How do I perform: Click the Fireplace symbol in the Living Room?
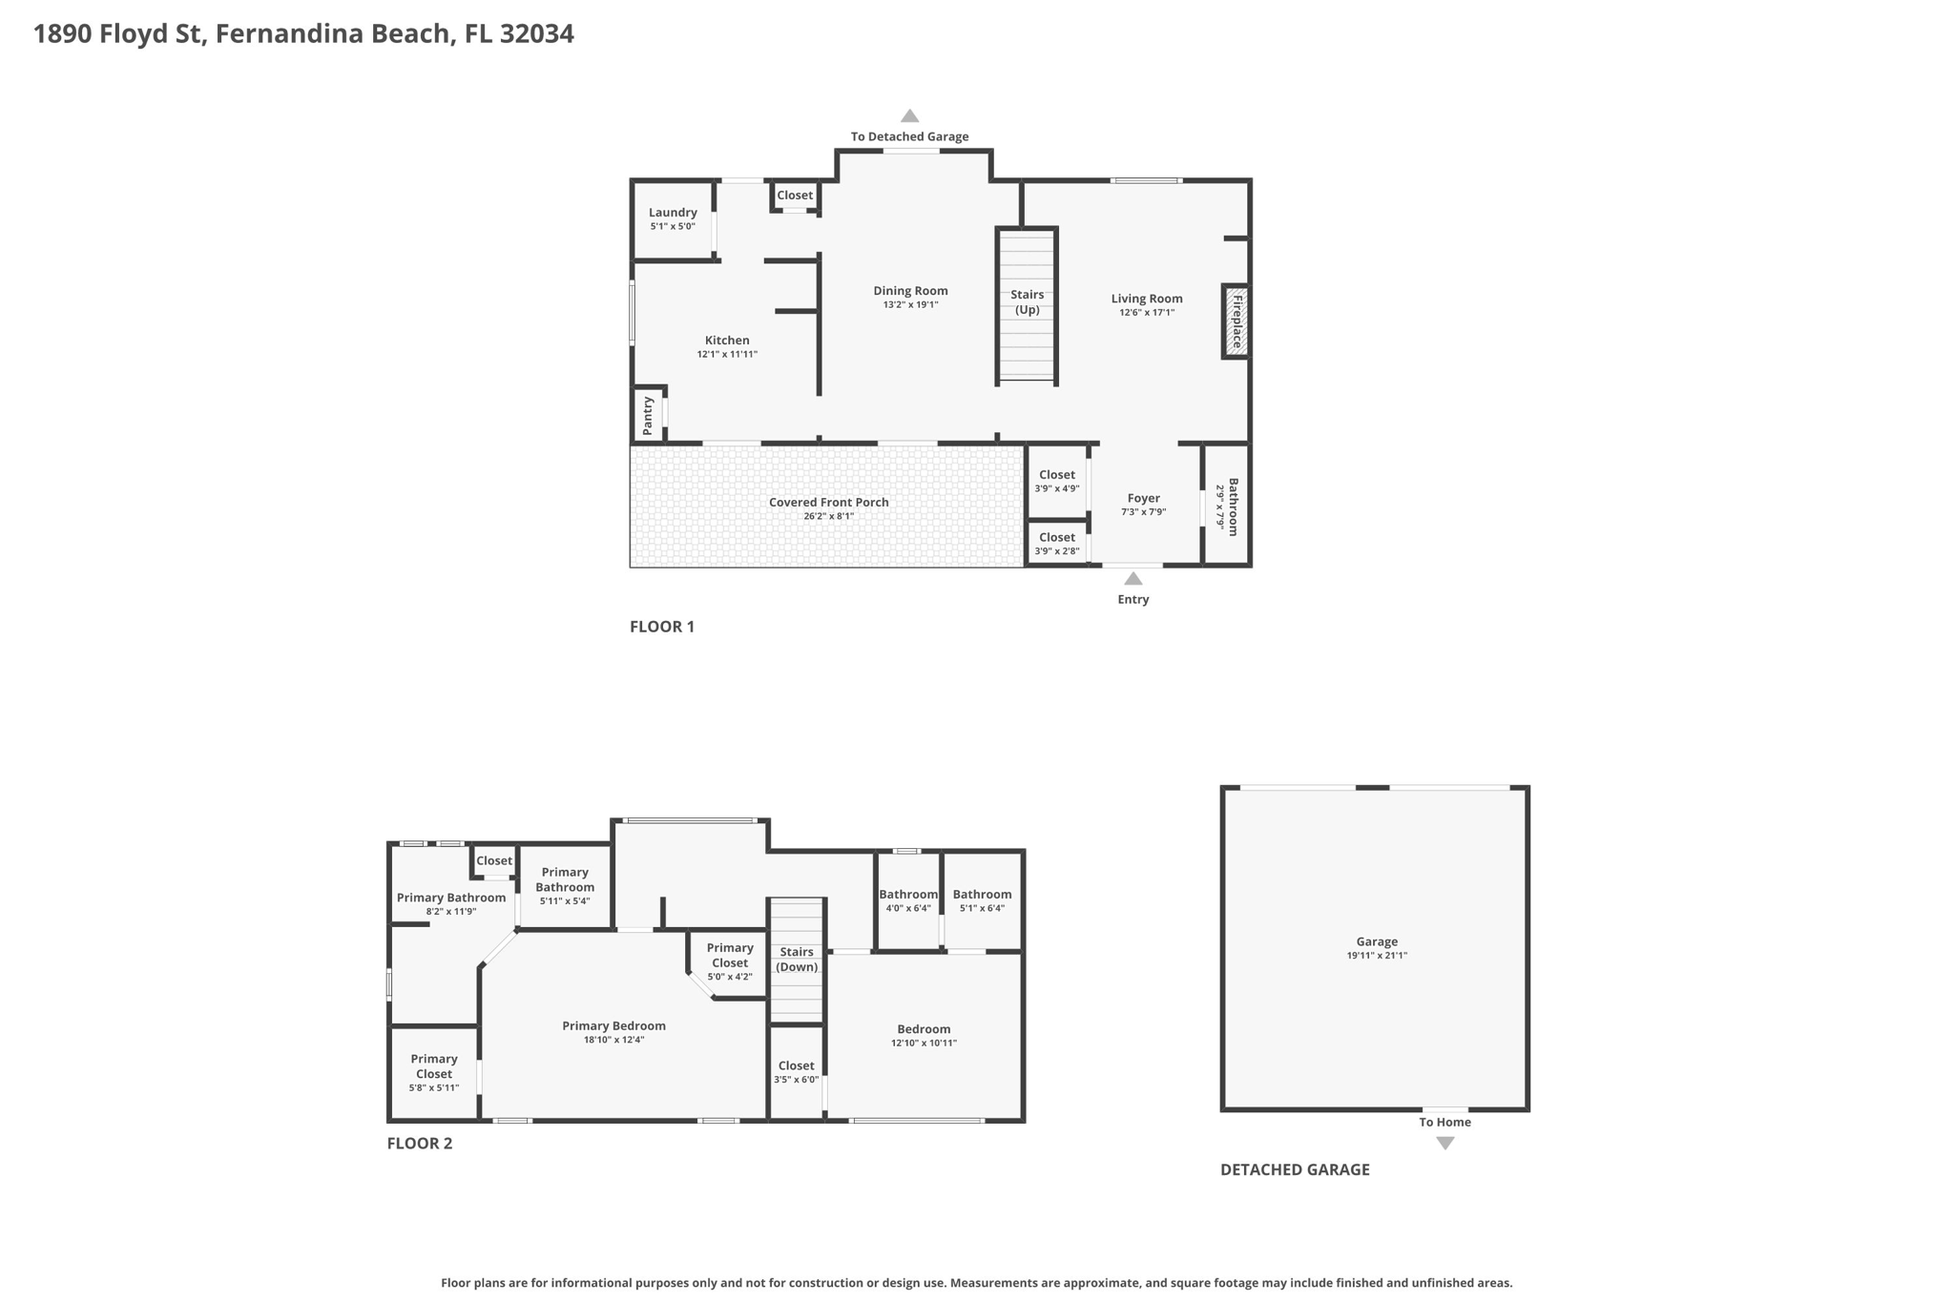1236,321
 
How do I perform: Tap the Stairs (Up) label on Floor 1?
1027,302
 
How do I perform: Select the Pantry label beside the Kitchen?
649,416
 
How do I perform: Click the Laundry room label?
673,213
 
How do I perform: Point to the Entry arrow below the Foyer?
1133,579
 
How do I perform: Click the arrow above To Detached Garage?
909,116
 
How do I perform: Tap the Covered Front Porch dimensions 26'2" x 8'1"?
828,517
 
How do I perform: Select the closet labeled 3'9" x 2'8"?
1056,544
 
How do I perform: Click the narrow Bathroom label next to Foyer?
1232,506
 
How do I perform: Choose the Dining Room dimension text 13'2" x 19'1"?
910,305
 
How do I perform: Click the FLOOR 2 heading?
419,1144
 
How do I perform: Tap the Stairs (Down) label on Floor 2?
796,960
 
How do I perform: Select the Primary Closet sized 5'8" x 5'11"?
434,1073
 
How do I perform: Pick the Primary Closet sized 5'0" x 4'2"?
730,961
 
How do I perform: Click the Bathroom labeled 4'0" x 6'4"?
907,900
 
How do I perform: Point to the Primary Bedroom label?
613,1026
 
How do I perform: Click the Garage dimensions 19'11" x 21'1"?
1376,956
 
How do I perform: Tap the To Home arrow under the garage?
1445,1143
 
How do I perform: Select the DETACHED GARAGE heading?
1294,1169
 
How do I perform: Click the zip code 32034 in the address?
536,34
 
